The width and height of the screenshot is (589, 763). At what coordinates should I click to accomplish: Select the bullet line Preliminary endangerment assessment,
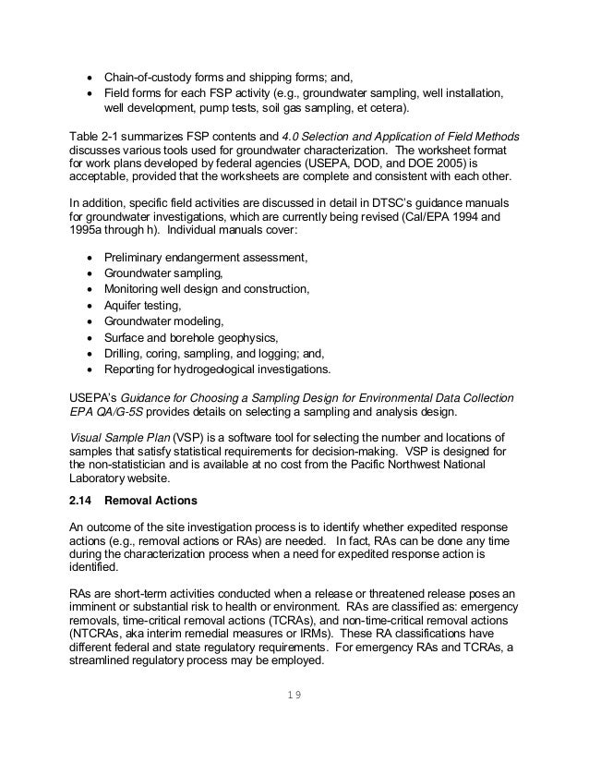point(204,257)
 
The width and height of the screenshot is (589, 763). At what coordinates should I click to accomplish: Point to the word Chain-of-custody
point(146,77)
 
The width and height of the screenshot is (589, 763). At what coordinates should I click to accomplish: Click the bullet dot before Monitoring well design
point(89,289)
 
